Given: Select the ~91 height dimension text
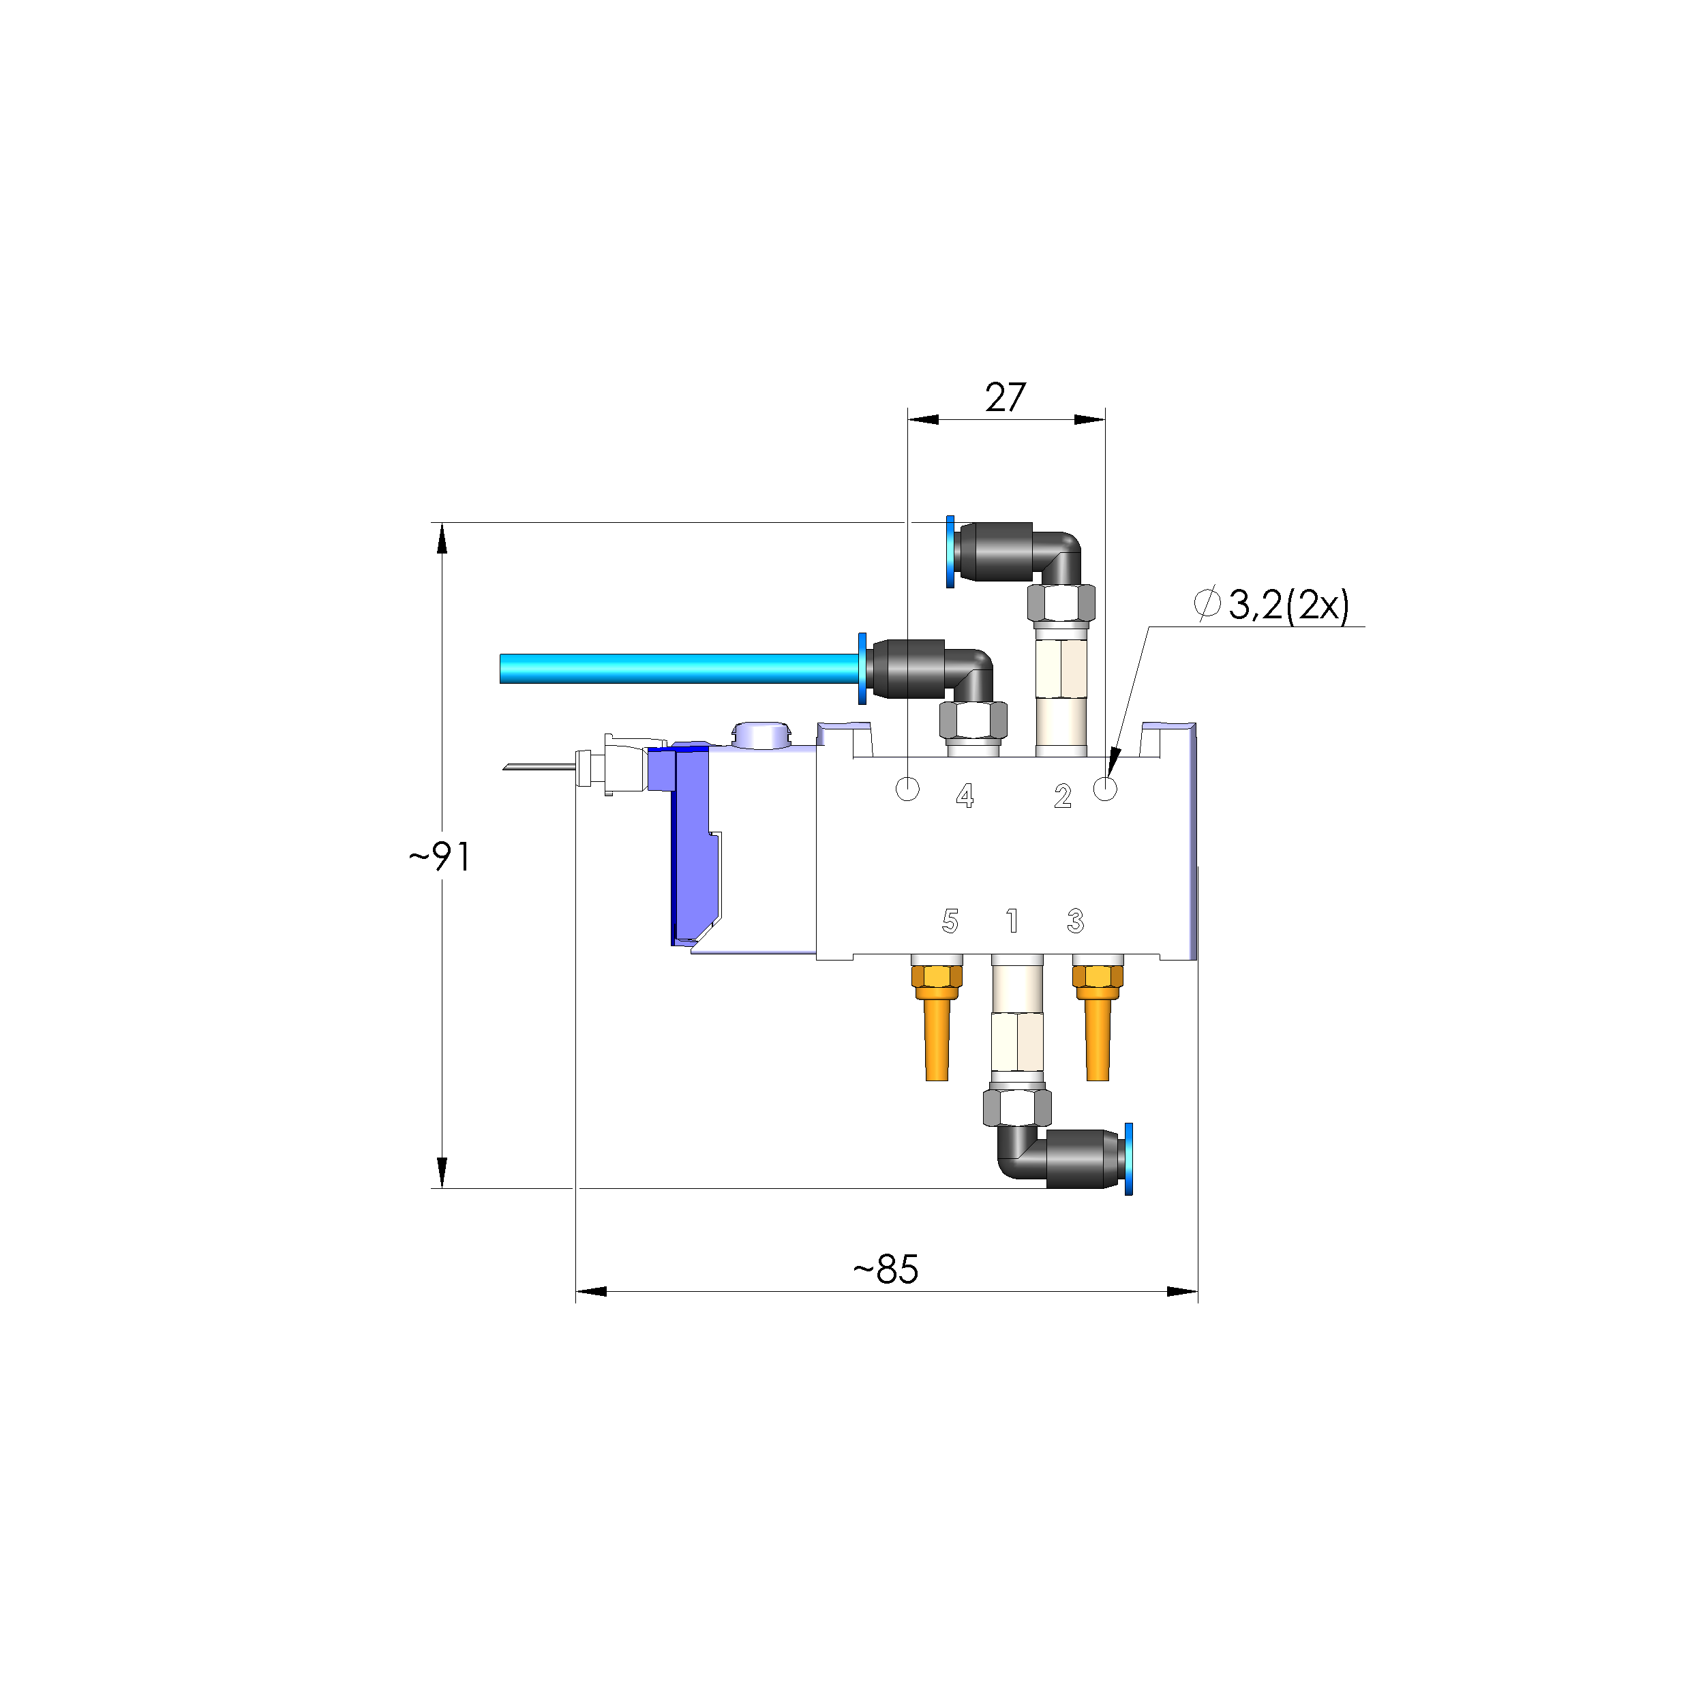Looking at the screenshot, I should (x=439, y=857).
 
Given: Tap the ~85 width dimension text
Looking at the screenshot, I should (x=886, y=1269).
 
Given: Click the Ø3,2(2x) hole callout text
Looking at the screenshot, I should (x=1272, y=605).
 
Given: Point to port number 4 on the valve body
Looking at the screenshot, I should (x=965, y=796).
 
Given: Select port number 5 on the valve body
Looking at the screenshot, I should (x=950, y=922).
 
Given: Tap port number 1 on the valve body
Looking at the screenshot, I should (x=1012, y=922).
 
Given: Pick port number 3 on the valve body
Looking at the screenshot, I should (x=1075, y=922).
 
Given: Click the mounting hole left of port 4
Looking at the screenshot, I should (x=907, y=788).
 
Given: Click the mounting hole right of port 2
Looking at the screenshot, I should (x=1105, y=788).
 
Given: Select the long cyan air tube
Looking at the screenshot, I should (x=676, y=668).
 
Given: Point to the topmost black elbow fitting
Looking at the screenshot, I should (x=1016, y=552).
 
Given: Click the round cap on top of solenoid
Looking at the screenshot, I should (x=760, y=734).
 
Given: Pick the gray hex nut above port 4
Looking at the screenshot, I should (x=973, y=720).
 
